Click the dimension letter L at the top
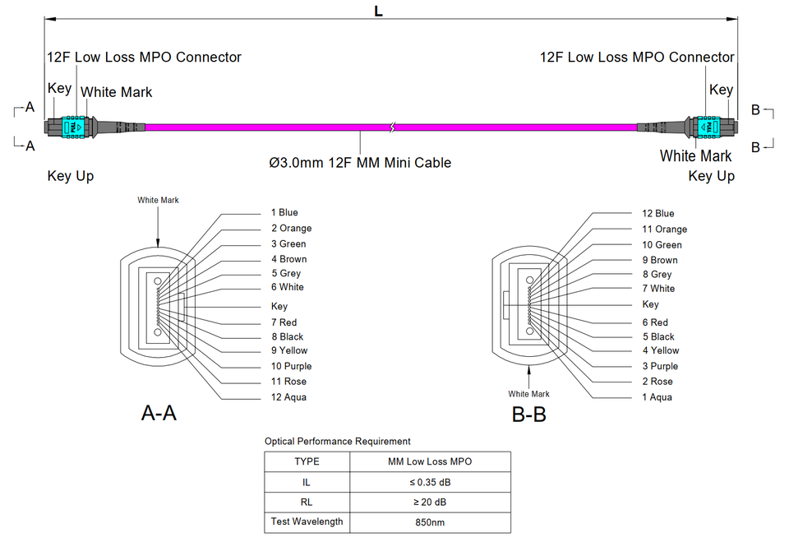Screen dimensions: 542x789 379,11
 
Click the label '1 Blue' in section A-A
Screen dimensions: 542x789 284,213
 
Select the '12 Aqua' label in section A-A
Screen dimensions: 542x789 288,397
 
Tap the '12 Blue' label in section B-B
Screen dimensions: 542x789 657,214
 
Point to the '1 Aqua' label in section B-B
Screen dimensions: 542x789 657,397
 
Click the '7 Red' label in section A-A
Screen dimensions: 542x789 284,322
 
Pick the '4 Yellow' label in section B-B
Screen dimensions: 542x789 661,350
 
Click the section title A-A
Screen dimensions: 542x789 159,414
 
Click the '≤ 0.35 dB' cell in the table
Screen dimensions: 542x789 431,481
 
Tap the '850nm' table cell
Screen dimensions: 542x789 431,521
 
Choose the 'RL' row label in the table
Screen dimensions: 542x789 307,502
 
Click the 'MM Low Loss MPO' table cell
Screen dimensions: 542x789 431,461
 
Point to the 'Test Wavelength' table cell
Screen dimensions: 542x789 307,521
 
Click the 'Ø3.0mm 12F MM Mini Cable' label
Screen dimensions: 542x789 360,163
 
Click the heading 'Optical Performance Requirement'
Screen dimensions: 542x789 337,442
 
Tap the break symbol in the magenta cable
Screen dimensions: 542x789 394,128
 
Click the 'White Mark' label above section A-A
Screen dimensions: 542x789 158,200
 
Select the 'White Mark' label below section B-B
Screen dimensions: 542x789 528,394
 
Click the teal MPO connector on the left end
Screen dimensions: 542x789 72,128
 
